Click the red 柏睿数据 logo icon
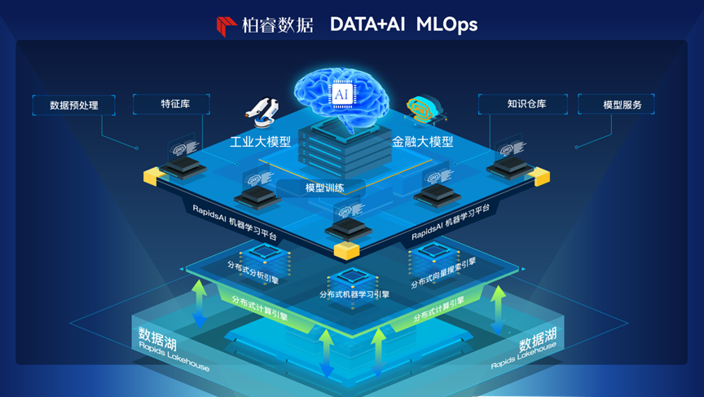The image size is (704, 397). [227, 26]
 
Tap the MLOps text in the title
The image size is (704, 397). [447, 24]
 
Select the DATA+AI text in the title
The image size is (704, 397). [367, 24]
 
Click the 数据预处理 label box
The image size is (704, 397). [74, 105]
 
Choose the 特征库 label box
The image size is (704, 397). [171, 104]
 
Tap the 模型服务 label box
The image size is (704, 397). [616, 104]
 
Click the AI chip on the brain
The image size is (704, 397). [341, 95]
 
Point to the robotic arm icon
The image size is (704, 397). [262, 113]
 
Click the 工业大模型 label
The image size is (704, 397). [260, 142]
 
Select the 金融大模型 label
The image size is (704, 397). [422, 142]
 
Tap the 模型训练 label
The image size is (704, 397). [324, 188]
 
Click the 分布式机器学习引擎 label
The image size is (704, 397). [354, 294]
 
